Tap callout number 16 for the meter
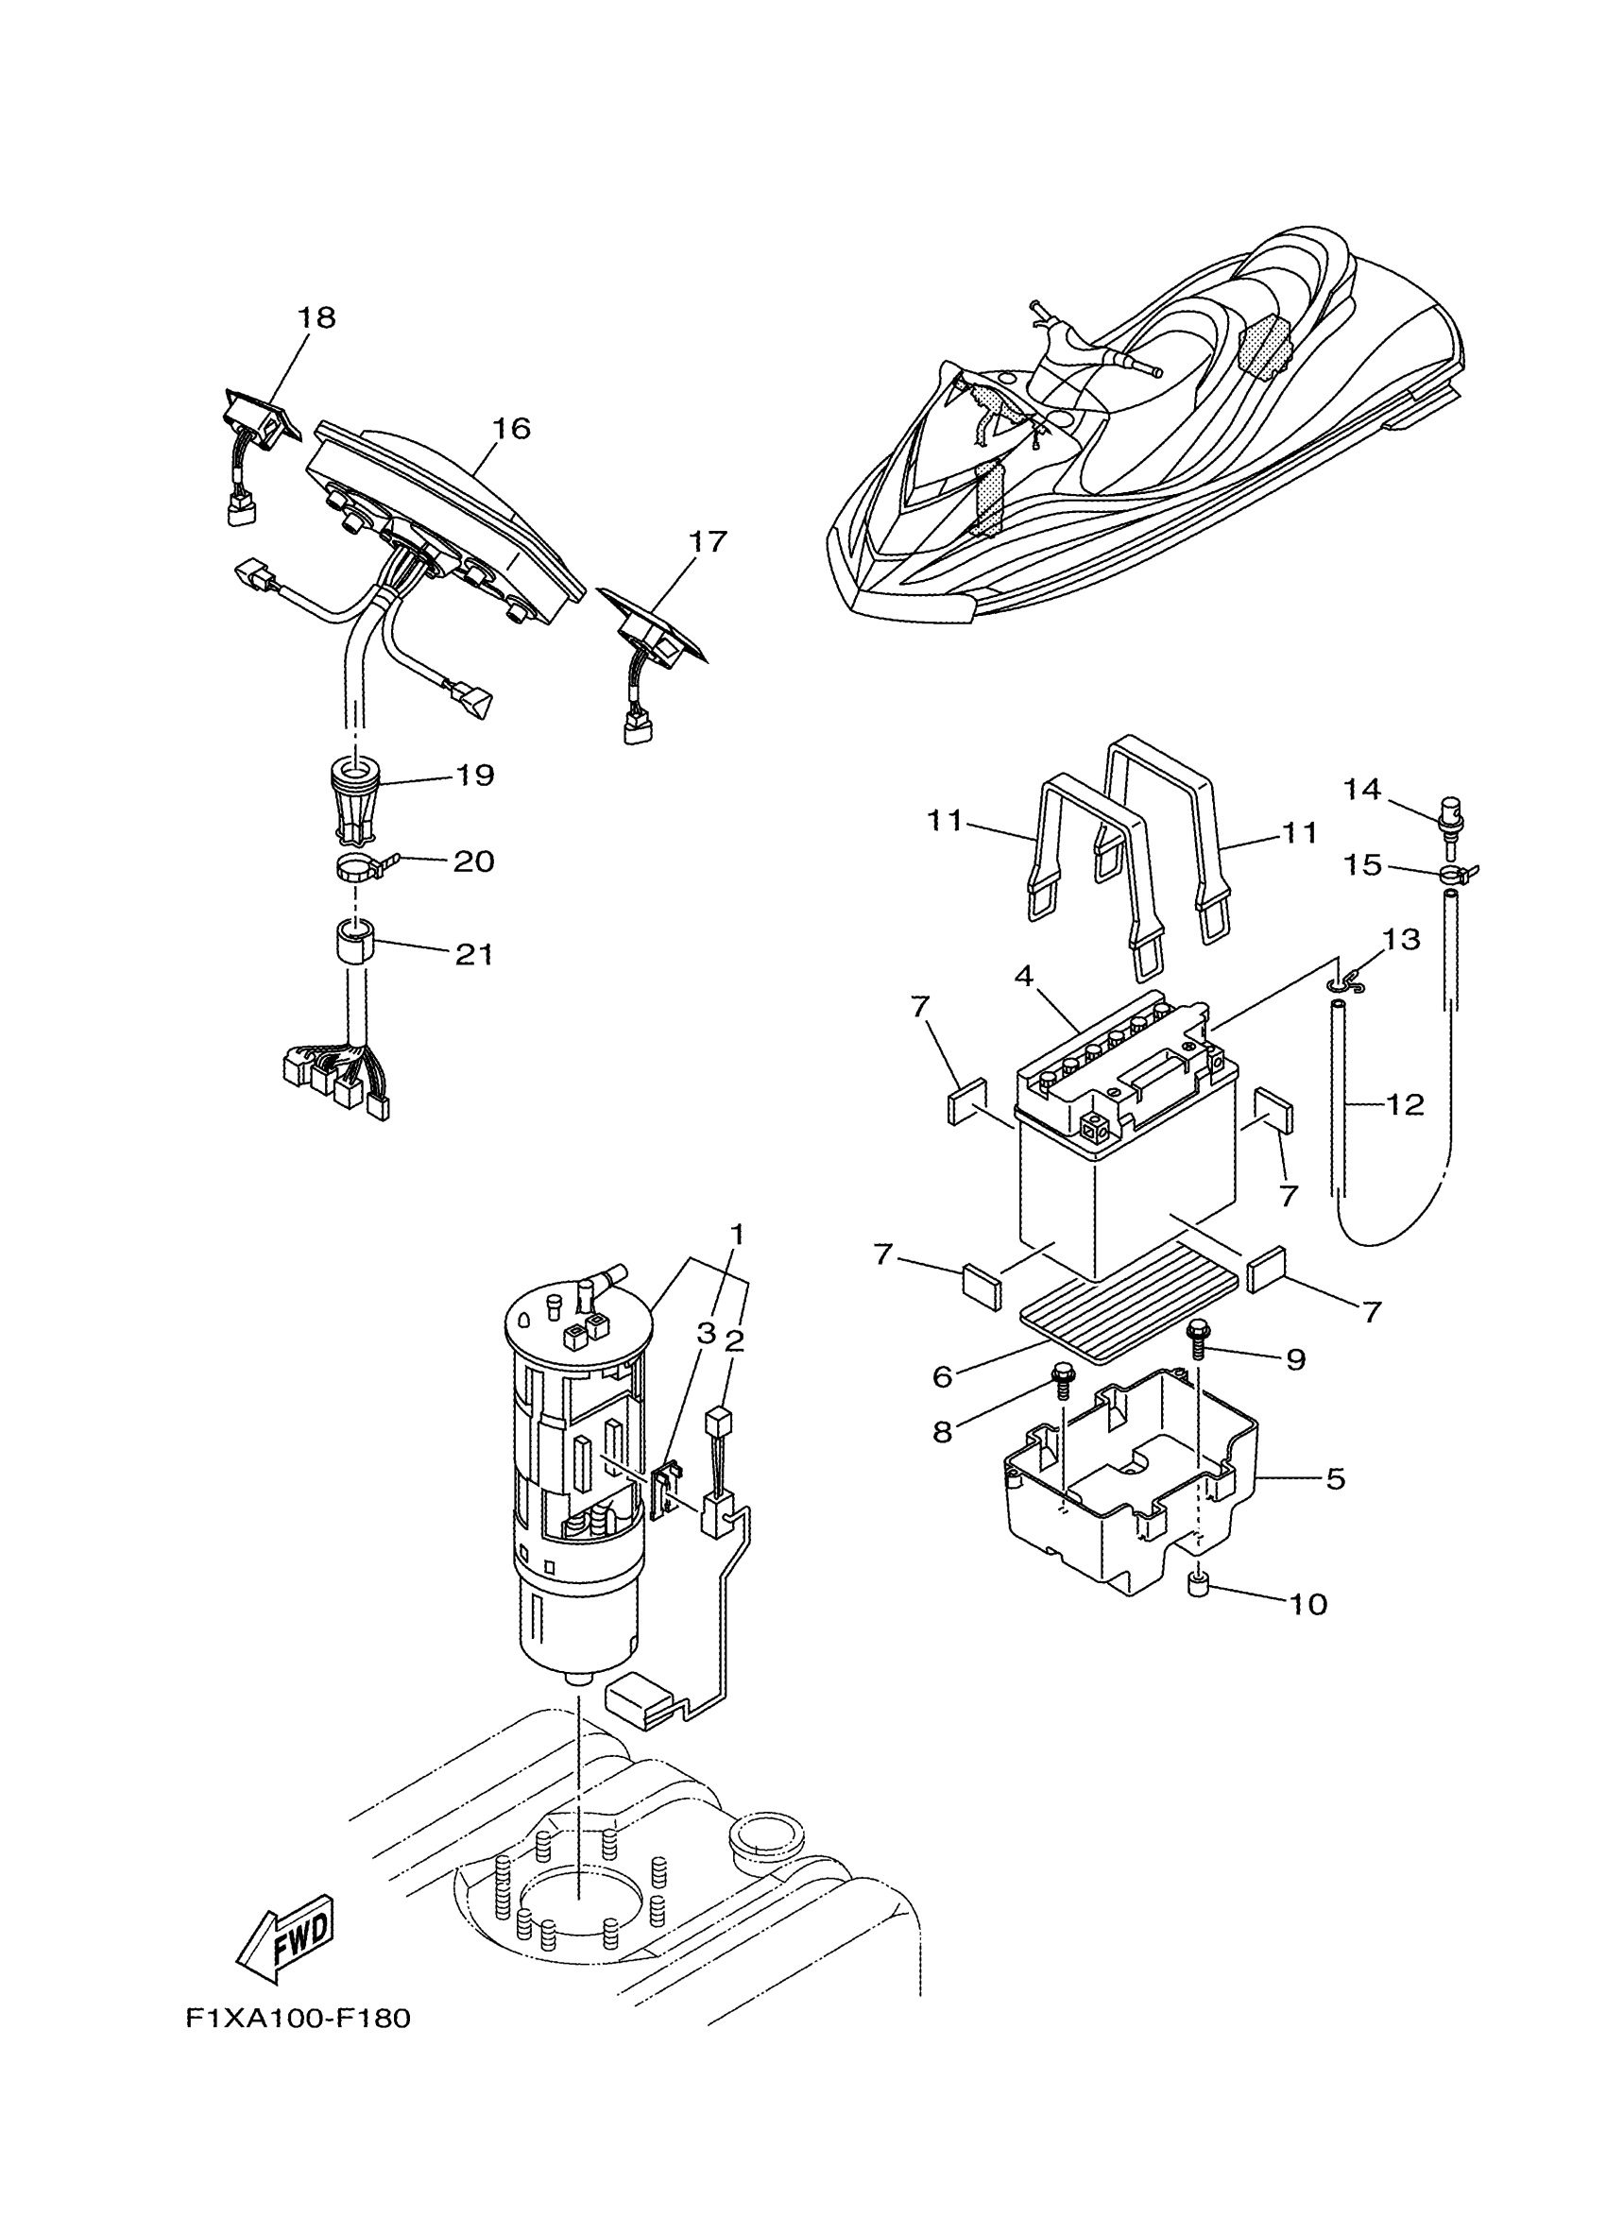tap(510, 428)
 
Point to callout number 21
tap(474, 954)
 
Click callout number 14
tap(1361, 789)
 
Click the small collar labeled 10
tap(1196, 1583)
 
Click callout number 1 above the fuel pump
tap(737, 1234)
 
